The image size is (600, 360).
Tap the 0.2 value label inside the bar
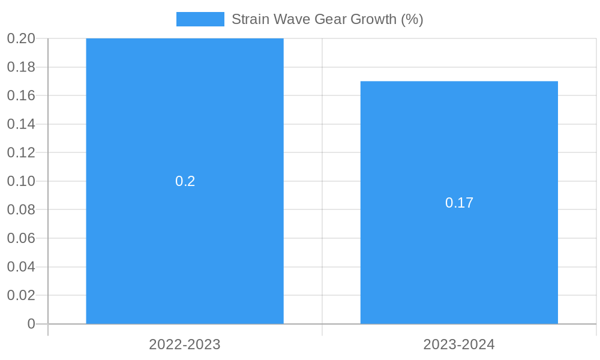coord(185,181)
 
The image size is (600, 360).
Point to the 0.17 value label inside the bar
coord(459,203)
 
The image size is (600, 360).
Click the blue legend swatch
coord(200,19)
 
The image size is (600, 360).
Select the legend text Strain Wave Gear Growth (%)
coord(327,19)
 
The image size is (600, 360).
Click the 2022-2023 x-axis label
coord(185,344)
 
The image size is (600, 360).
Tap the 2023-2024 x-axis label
coord(459,344)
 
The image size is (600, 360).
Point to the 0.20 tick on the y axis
coord(21,38)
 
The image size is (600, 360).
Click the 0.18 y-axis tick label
coord(21,67)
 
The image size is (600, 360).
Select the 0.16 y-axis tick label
coord(21,95)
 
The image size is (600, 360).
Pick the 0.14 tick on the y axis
coord(21,124)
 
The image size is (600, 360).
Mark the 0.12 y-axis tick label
coord(21,152)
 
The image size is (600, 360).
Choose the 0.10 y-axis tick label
coord(21,181)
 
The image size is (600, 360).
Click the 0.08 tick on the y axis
coord(21,209)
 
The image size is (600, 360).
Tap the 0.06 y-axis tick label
coord(21,238)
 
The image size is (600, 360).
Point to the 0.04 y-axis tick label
coord(21,266)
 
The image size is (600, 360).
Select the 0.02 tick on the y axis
coord(21,295)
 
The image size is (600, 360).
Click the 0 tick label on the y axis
coord(31,324)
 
